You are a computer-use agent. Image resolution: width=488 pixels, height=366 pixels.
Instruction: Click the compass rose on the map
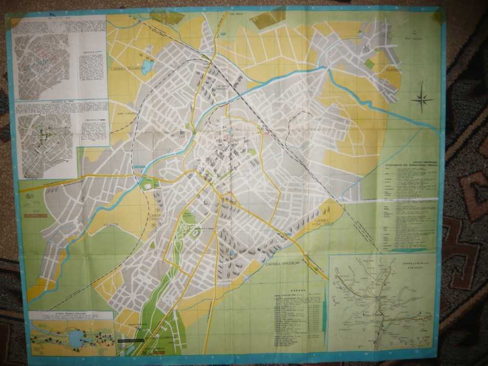pyautogui.click(x=422, y=99)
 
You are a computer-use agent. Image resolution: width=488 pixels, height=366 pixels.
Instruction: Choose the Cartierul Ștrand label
pyautogui.click(x=156, y=217)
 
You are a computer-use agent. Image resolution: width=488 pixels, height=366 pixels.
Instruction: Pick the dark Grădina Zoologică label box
pyautogui.click(x=130, y=340)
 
